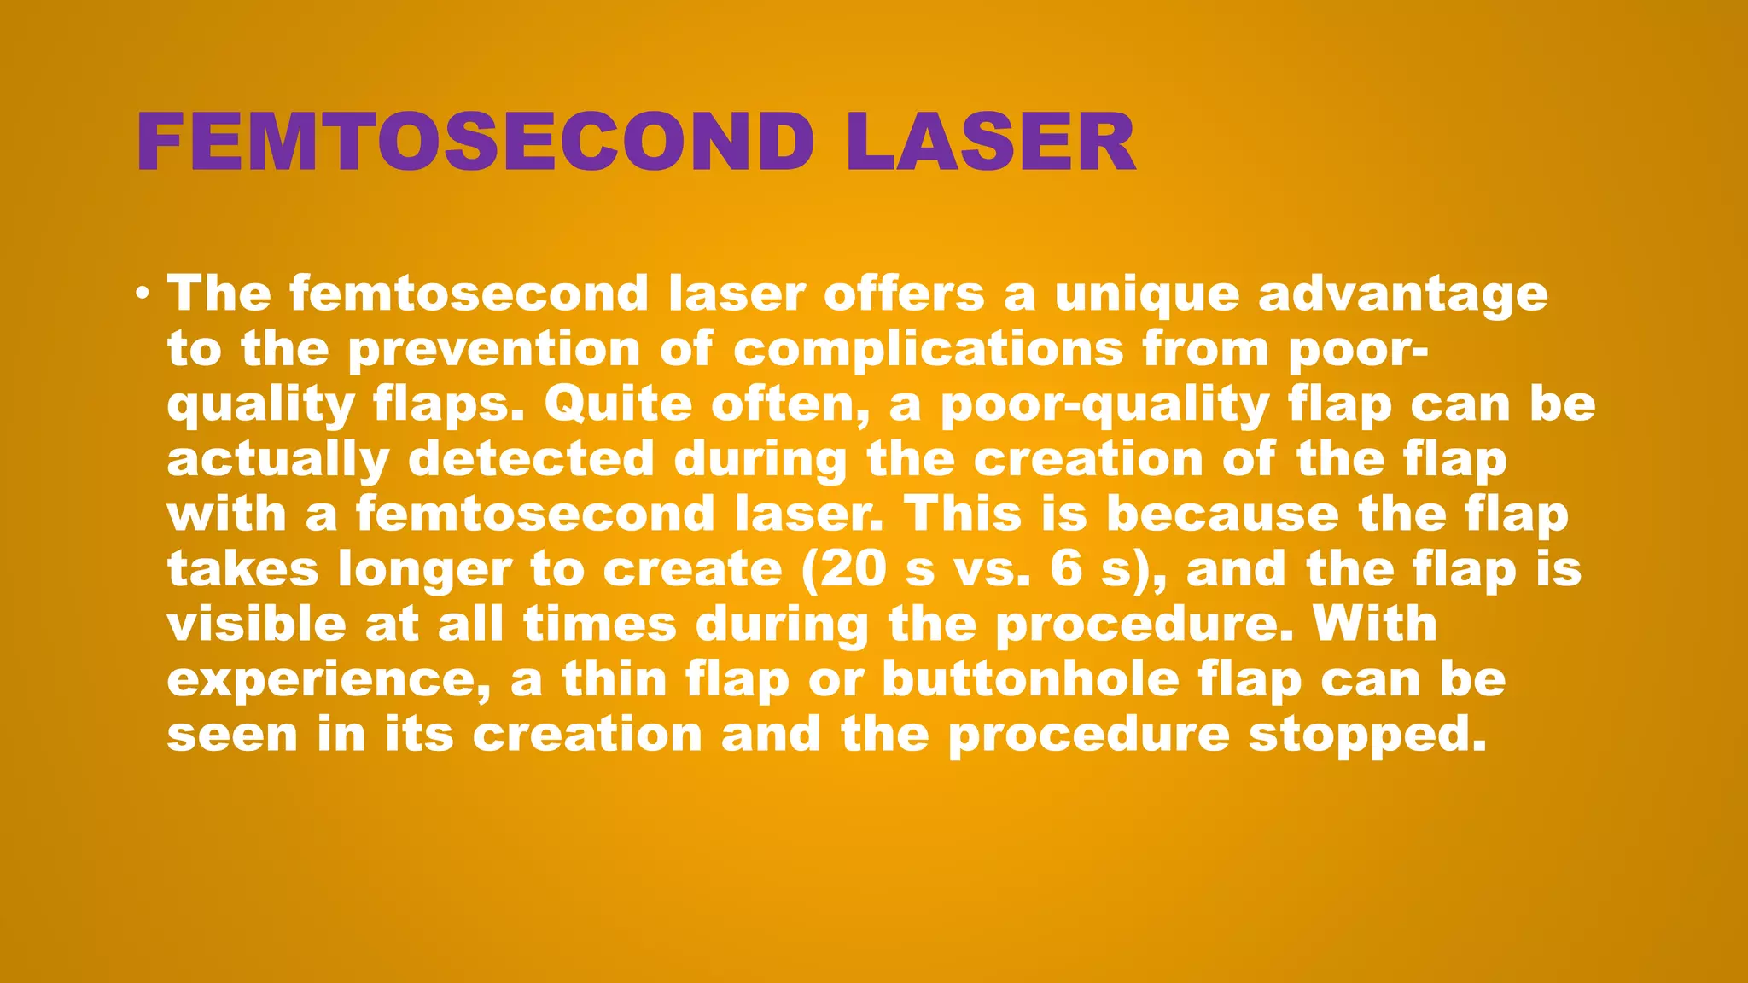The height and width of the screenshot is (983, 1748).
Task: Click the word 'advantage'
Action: [1402, 295]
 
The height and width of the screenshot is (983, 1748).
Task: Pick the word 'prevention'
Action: [494, 350]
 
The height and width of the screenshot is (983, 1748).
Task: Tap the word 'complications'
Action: [929, 350]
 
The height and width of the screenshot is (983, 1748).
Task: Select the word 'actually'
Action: [277, 459]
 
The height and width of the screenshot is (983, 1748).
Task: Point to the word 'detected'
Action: [531, 459]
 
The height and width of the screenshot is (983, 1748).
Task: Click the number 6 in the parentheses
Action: [1066, 569]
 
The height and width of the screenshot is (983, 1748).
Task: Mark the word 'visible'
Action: [256, 624]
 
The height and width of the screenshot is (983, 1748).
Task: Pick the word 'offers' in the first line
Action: [904, 295]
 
